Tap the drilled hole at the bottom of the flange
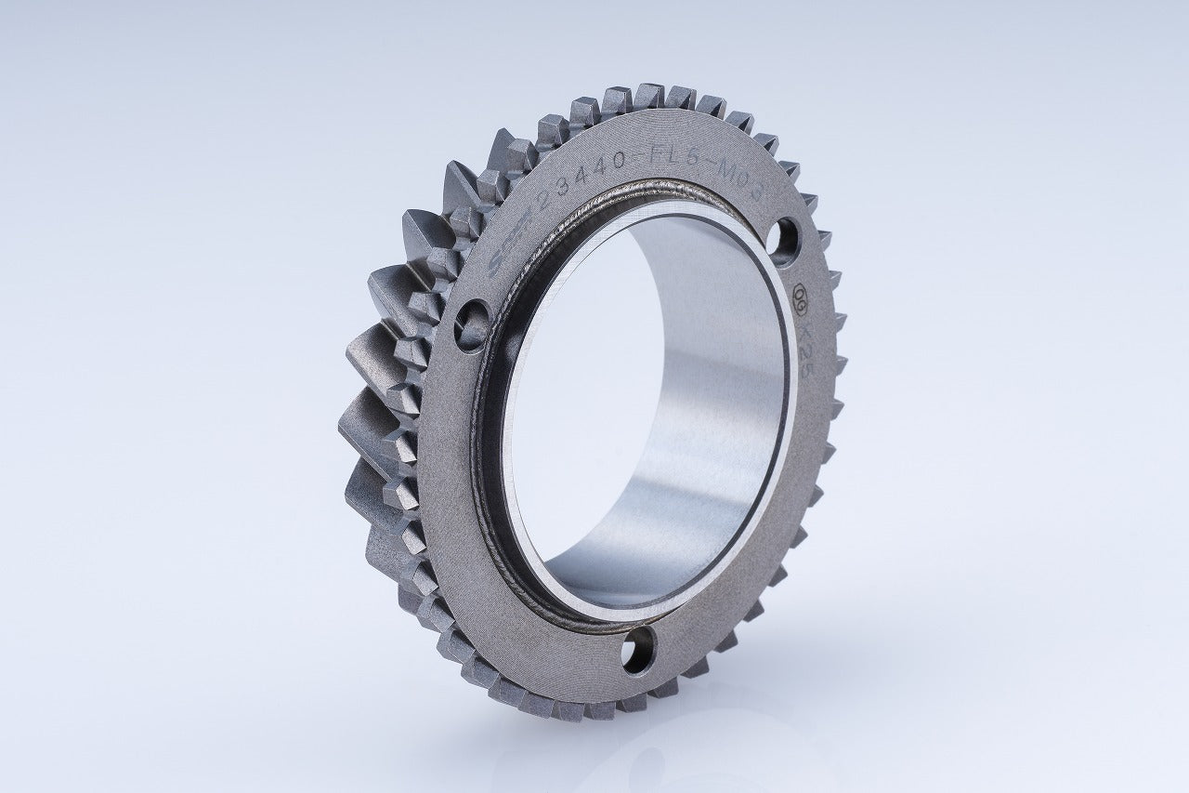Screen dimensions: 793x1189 (x=638, y=649)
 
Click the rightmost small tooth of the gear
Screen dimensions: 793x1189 (x=838, y=363)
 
